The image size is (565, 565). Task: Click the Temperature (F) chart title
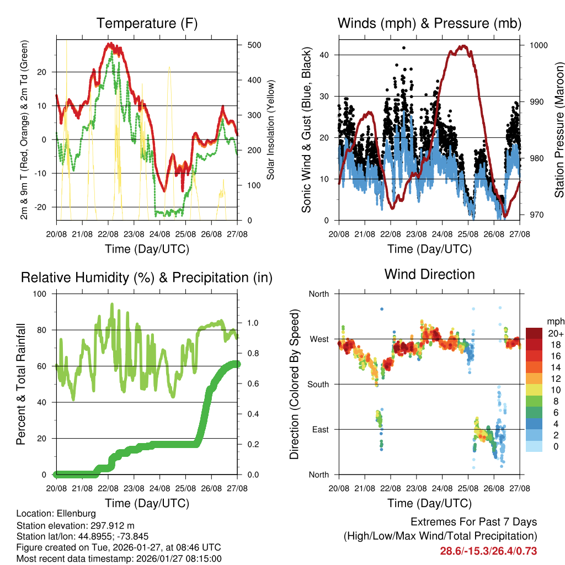click(x=146, y=23)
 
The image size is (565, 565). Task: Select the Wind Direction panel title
click(x=429, y=274)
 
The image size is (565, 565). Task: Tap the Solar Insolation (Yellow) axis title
click(x=271, y=130)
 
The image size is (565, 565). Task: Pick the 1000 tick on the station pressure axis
click(x=537, y=45)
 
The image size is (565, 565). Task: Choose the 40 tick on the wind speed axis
click(x=324, y=55)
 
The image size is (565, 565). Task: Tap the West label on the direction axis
click(x=319, y=339)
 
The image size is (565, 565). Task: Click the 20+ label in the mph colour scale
click(x=555, y=333)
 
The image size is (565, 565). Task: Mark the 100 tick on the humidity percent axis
click(x=41, y=294)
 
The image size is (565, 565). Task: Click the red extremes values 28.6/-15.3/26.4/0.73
click(x=488, y=551)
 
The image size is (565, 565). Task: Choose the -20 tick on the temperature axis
click(x=44, y=207)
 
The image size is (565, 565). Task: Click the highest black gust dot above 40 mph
click(x=404, y=48)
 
